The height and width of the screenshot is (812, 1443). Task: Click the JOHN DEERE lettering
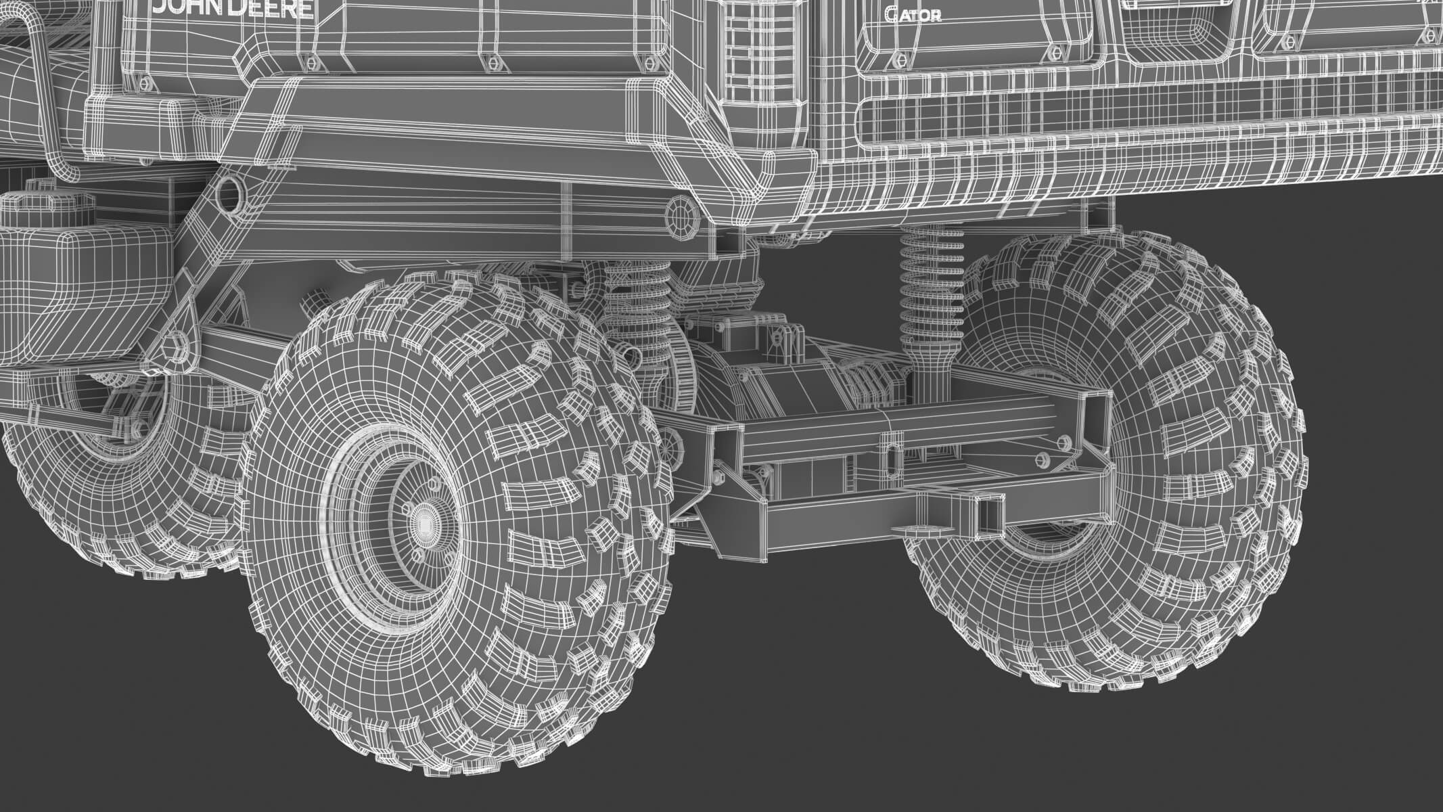[233, 8]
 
